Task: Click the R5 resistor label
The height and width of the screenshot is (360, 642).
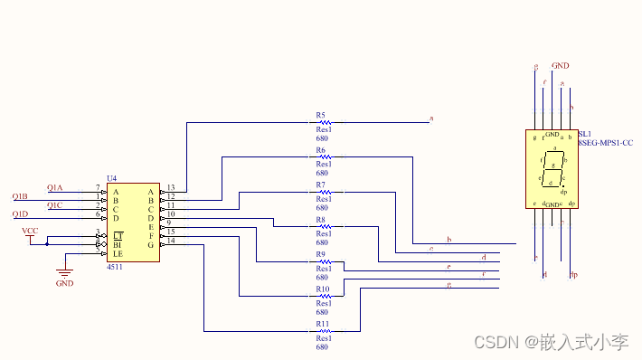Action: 320,115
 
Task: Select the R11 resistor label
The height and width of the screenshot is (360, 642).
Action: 322,323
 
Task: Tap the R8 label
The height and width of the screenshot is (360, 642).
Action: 320,220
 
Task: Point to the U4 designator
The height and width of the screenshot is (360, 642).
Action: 111,178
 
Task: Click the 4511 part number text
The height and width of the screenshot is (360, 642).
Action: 115,268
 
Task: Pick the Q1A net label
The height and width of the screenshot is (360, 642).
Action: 55,187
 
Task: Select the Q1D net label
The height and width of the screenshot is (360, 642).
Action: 20,214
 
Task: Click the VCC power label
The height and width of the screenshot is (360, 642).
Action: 29,232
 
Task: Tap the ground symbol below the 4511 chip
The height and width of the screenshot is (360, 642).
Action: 65,272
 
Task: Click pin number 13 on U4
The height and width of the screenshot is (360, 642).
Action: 170,187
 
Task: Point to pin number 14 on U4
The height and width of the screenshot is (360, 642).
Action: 170,241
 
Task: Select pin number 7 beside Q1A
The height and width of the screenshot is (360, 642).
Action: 98,187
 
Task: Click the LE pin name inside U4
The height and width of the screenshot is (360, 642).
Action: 118,253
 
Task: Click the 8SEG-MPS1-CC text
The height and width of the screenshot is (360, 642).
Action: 605,143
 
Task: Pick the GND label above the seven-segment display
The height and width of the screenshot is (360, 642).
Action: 561,66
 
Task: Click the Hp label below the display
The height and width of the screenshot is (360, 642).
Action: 573,273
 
